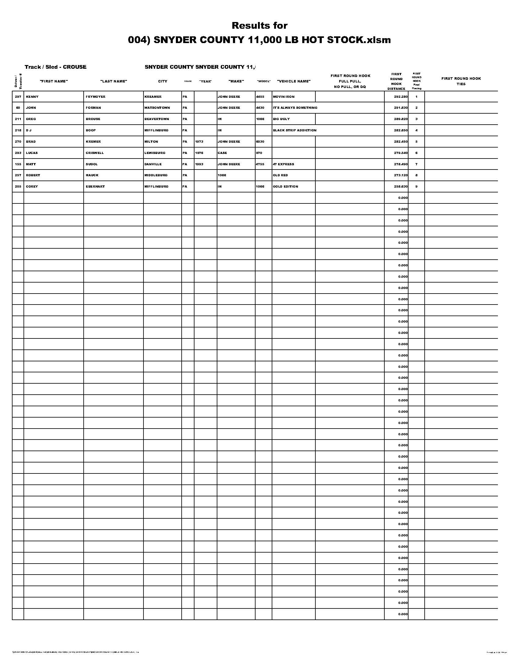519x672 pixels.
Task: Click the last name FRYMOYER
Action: [x=96, y=97]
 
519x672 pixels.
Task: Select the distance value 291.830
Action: [x=401, y=108]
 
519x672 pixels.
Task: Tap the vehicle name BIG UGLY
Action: [x=281, y=119]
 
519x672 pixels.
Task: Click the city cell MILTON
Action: [x=151, y=141]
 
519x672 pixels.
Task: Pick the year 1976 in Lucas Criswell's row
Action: [x=199, y=153]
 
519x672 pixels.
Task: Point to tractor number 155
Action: [x=18, y=164]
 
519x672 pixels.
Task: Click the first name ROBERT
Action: [x=33, y=175]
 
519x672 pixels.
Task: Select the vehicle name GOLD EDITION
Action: [x=285, y=186]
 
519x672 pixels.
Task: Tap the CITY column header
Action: [x=163, y=81]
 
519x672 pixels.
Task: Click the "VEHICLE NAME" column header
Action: [x=294, y=81]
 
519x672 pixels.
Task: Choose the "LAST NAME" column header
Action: [x=114, y=81]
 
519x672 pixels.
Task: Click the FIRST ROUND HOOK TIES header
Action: [x=461, y=81]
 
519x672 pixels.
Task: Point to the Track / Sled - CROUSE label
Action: [x=55, y=67]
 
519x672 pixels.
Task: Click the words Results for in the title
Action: [x=259, y=26]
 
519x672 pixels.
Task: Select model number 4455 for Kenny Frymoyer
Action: [x=260, y=97]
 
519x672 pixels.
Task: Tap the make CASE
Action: [x=222, y=153]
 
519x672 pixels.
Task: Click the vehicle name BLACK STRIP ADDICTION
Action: [x=295, y=130]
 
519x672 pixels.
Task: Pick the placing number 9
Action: [x=416, y=186]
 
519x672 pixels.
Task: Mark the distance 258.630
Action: [x=401, y=186]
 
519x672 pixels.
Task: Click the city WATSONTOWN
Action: [x=157, y=108]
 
